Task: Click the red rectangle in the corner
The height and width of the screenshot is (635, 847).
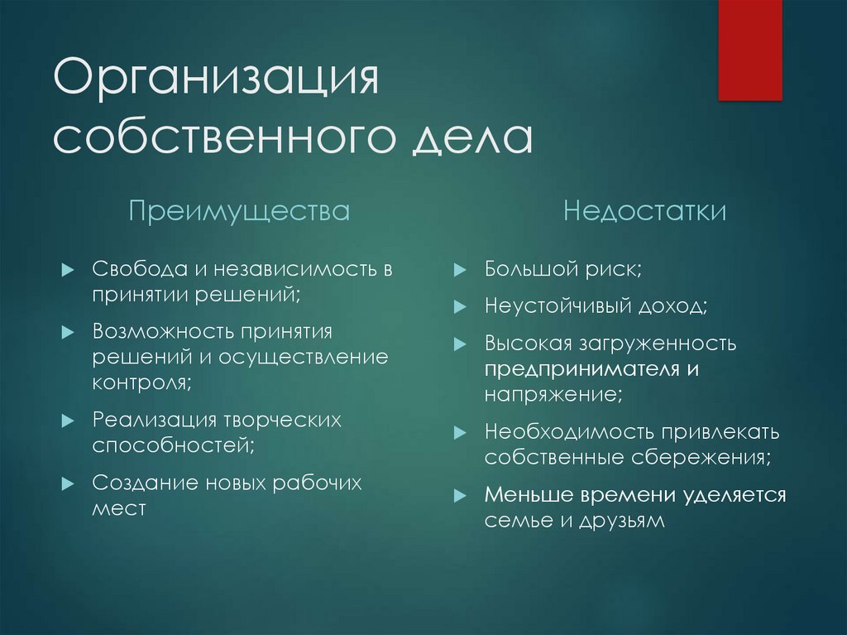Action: [749, 51]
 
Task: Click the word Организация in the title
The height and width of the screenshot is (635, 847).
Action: [216, 79]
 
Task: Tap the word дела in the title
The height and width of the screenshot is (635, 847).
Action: [472, 138]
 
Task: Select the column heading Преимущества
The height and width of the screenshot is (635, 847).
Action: [239, 211]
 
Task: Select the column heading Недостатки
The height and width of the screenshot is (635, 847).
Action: [644, 210]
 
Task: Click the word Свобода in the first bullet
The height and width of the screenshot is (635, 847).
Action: [139, 268]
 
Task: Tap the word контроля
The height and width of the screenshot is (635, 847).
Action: [142, 382]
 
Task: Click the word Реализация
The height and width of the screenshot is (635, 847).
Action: [154, 420]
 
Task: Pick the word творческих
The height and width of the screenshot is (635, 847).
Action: [282, 421]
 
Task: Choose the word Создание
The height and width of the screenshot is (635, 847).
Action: [145, 483]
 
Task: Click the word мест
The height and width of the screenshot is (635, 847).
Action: [119, 508]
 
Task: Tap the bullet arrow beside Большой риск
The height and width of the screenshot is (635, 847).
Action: [460, 269]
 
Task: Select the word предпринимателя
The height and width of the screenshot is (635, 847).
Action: [581, 369]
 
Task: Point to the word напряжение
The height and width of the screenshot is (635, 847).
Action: [553, 394]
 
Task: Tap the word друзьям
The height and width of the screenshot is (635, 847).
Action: [622, 521]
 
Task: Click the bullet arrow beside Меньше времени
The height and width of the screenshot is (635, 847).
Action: [460, 495]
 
